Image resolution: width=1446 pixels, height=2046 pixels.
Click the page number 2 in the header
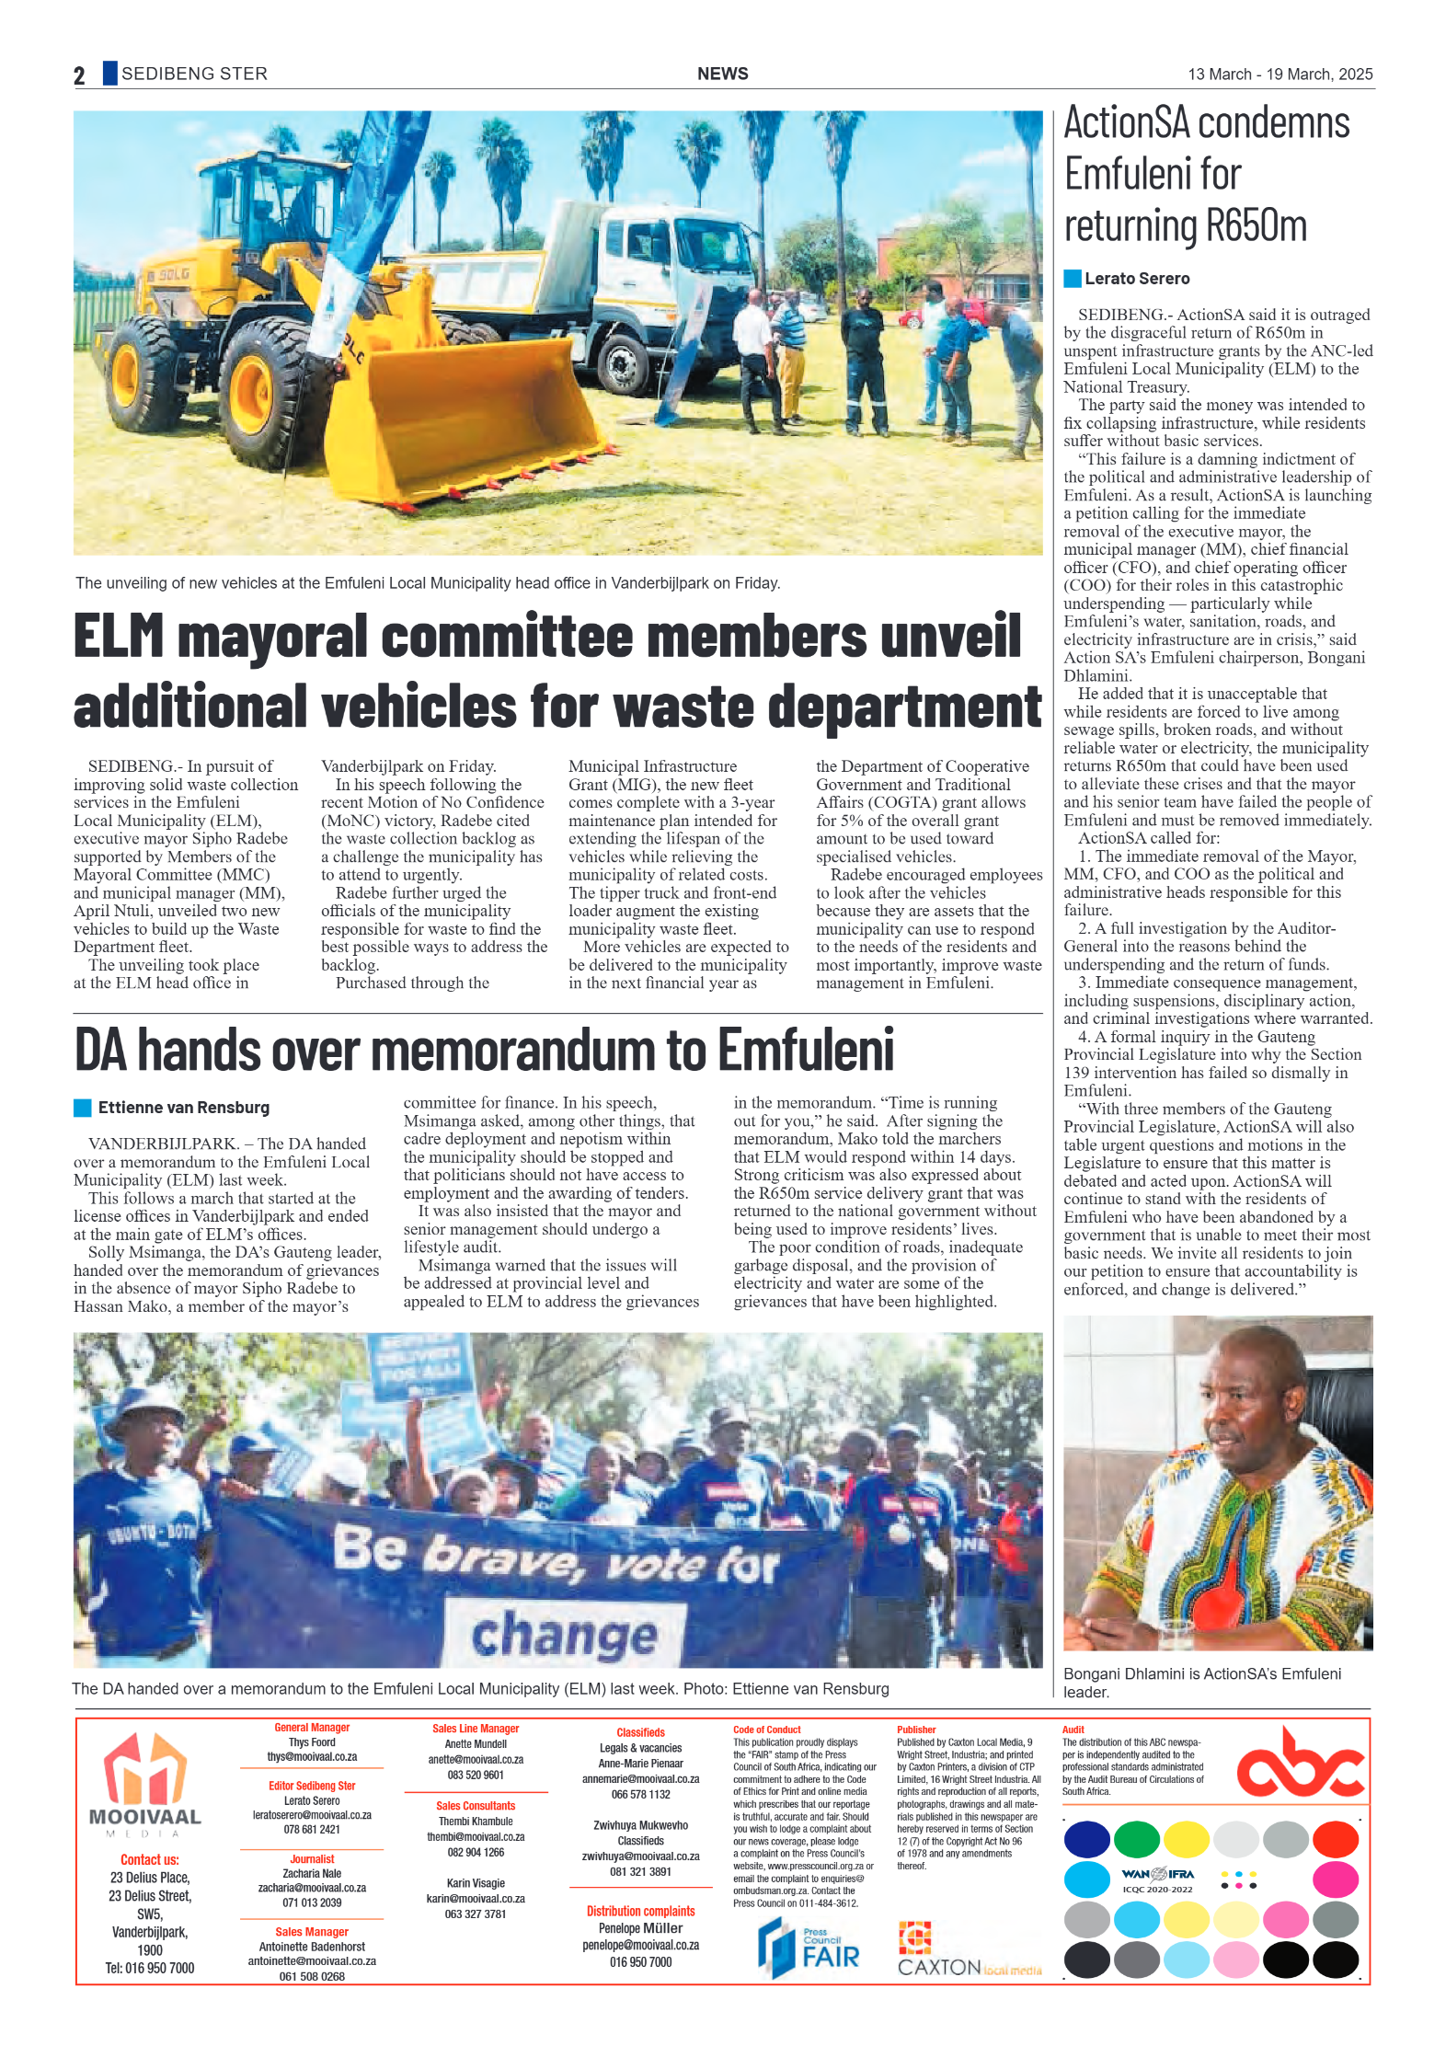coord(79,75)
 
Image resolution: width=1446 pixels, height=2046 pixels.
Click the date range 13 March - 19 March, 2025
coord(1280,75)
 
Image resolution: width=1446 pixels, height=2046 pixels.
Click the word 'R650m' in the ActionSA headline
coord(1256,226)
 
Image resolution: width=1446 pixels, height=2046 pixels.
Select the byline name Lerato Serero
coord(1136,279)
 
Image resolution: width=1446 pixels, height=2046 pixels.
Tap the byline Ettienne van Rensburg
coord(184,1108)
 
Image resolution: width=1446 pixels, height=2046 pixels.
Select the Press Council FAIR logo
coord(809,1948)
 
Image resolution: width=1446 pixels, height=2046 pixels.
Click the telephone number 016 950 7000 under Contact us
coord(149,1968)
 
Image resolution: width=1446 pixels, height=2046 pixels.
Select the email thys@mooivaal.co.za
coord(312,1757)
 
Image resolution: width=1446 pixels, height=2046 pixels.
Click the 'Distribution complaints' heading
coord(640,1911)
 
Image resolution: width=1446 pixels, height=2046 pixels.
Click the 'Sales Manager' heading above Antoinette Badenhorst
coord(312,1932)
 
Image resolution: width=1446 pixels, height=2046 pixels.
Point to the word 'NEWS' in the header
coord(722,75)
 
